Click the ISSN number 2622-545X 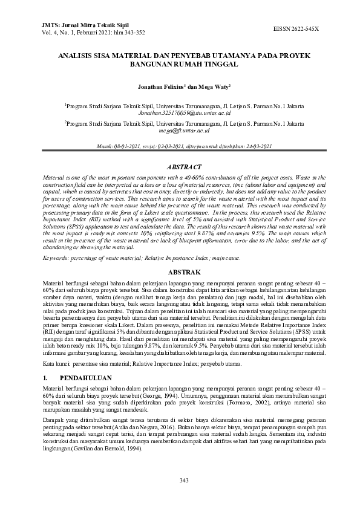point(304,28)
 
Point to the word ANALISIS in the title point(79,55)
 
